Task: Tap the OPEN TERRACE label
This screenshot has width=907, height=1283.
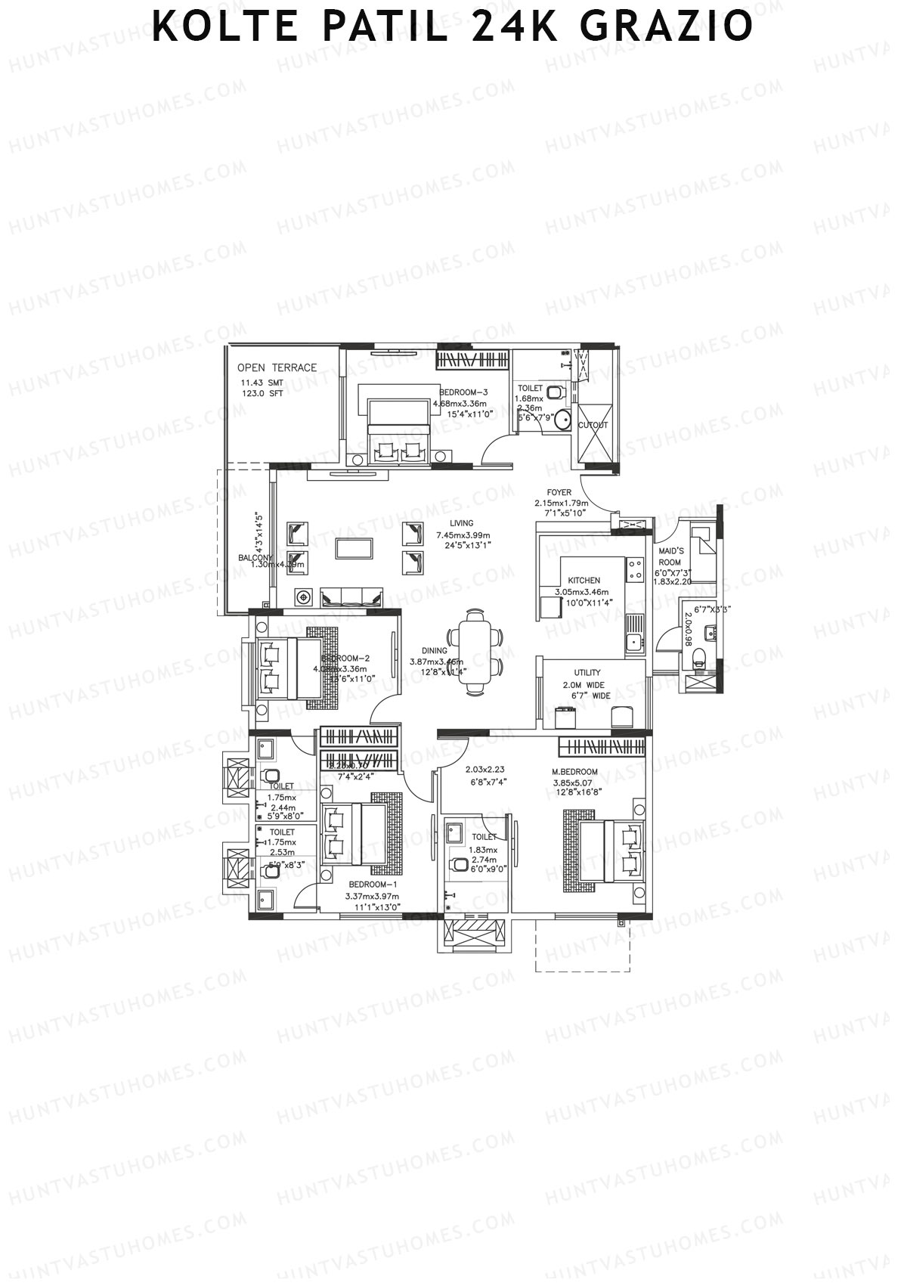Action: (277, 367)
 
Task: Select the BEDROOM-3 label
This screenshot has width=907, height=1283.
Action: (463, 392)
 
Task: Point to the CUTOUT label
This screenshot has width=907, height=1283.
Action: (593, 425)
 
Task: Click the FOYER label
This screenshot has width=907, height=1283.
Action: (559, 492)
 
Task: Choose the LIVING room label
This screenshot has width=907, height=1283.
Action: (461, 523)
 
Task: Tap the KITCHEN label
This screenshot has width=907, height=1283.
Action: (584, 581)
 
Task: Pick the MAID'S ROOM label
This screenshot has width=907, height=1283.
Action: (670, 556)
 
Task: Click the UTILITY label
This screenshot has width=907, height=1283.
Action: (587, 672)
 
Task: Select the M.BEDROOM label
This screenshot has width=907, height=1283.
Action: (575, 772)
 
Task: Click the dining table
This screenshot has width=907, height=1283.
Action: (475, 651)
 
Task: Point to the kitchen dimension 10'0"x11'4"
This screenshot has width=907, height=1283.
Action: (584, 603)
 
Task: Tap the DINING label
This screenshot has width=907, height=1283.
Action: (435, 651)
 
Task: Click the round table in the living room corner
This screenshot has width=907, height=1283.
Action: (304, 597)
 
